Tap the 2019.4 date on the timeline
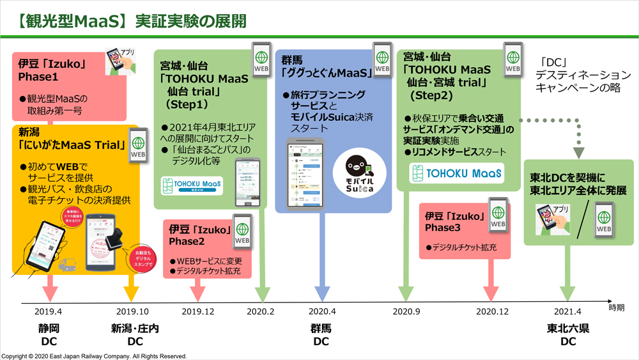(x=49, y=311)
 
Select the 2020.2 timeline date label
(x=261, y=311)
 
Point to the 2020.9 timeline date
(x=406, y=311)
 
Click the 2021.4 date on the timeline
(x=567, y=311)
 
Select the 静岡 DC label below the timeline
(x=49, y=335)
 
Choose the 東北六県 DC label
(x=567, y=335)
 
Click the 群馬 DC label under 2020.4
(x=321, y=335)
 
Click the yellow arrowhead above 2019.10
(x=130, y=293)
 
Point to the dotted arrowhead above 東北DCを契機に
(x=578, y=152)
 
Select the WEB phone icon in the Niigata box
(x=139, y=146)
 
